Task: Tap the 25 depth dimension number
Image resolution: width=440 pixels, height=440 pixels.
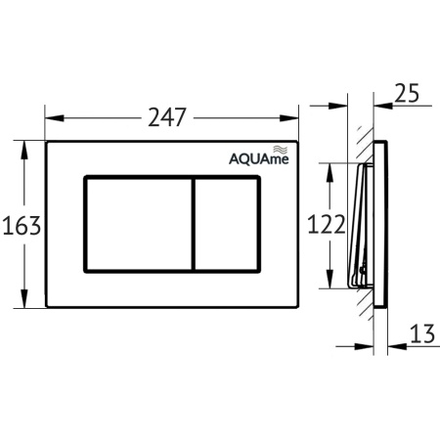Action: [x=409, y=94]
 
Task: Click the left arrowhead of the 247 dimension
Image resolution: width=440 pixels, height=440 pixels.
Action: [x=50, y=118]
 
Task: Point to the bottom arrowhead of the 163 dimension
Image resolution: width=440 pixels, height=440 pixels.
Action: [x=23, y=305]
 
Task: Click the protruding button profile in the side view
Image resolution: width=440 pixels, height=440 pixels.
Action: [x=358, y=226]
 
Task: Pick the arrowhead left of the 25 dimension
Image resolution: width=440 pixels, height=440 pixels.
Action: [x=370, y=101]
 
